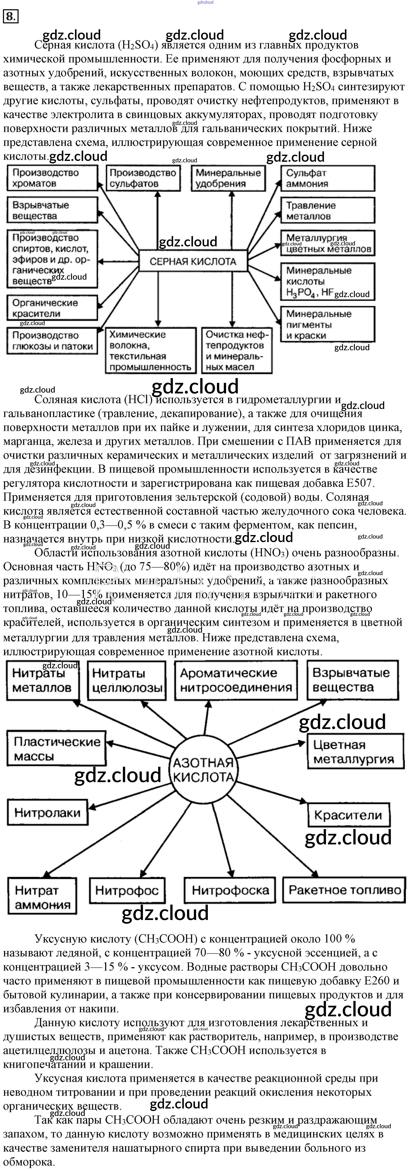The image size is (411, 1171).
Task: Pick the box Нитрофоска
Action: click(x=230, y=890)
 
